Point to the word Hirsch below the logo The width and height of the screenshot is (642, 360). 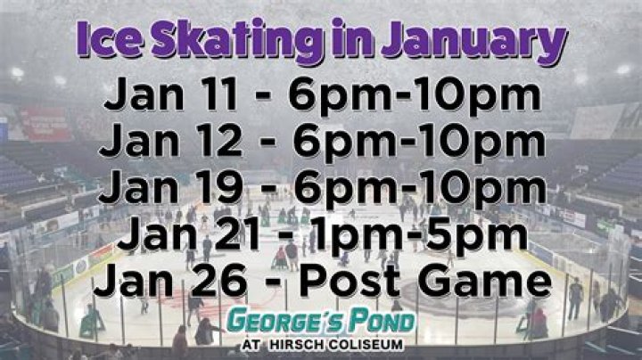click(x=303, y=344)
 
